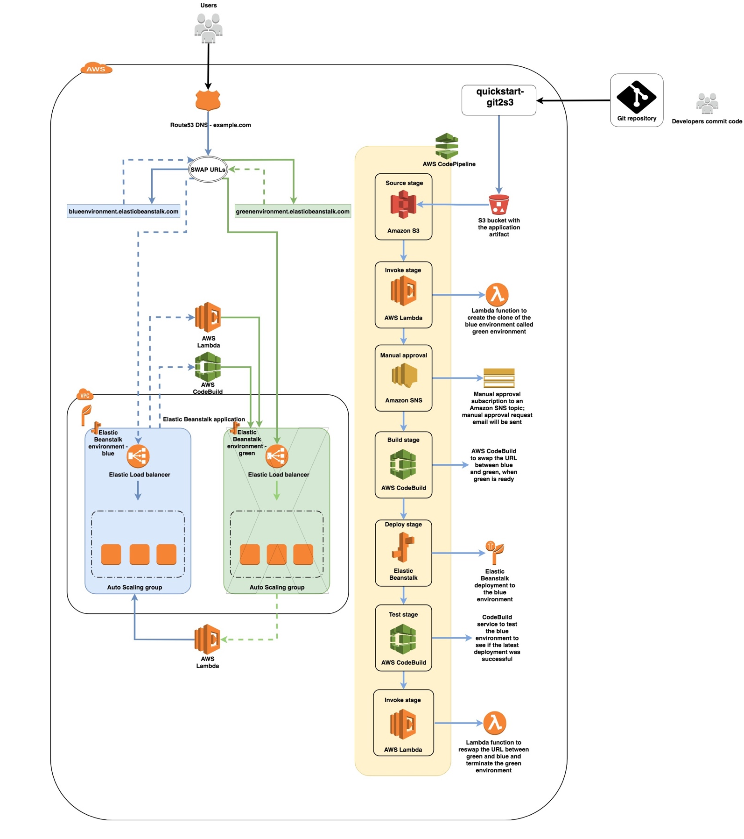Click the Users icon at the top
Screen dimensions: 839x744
[x=208, y=28]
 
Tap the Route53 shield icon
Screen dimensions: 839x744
[x=208, y=100]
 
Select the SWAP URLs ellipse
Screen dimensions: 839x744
[x=208, y=170]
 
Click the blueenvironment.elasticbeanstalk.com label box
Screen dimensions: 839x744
[x=124, y=212]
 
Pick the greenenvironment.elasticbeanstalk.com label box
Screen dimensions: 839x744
[x=293, y=212]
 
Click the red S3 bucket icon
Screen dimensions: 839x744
[x=498, y=204]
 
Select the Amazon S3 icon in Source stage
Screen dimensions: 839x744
[x=403, y=205]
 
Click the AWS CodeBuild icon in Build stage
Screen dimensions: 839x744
[x=403, y=464]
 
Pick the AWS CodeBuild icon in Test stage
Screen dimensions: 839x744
[x=403, y=639]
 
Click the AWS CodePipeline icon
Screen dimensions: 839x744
[x=447, y=146]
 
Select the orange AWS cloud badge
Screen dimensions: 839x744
[x=97, y=69]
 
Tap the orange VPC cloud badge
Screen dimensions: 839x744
[x=85, y=395]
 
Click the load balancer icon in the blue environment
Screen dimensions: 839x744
[x=138, y=456]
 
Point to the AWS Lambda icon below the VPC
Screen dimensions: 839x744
[x=207, y=639]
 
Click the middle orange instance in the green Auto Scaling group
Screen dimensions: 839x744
[x=276, y=555]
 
